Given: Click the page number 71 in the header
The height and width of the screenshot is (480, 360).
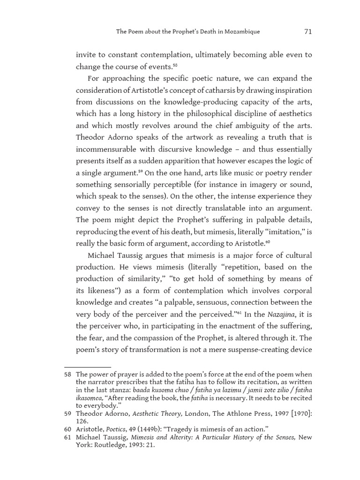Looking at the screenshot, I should tap(307, 31).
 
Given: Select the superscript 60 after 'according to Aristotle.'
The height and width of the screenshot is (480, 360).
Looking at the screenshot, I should tap(268, 242).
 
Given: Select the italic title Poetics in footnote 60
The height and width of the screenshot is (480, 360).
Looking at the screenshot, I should tap(115, 429).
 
